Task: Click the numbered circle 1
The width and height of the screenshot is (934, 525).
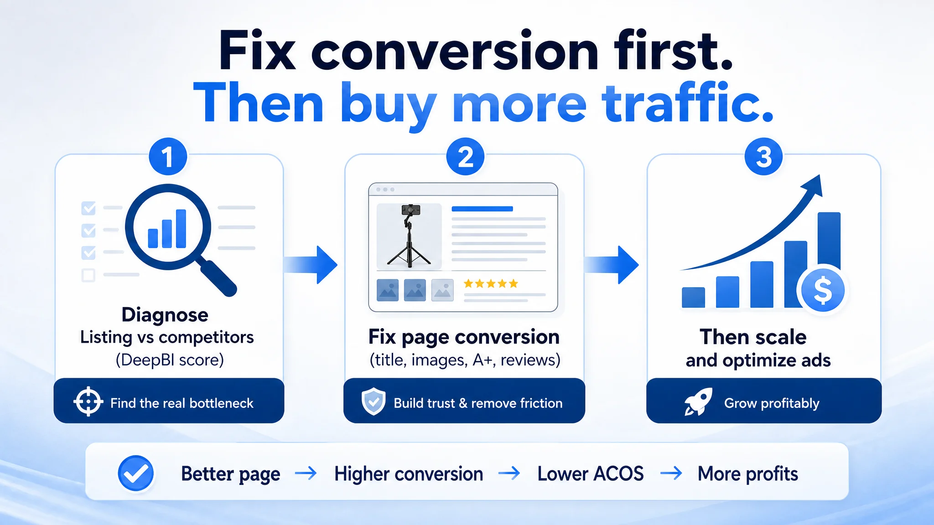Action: (x=168, y=156)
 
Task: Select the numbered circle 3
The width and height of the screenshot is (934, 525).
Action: (x=763, y=156)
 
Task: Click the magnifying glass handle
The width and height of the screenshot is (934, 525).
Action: (x=218, y=278)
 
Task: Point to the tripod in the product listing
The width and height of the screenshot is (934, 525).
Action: (x=409, y=236)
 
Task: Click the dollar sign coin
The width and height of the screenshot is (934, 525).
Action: (x=823, y=290)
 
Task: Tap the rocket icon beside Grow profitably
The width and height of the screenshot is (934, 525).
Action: (x=698, y=401)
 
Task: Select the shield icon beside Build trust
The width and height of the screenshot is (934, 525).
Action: (x=374, y=401)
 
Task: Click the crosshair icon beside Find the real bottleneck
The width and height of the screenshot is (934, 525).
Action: (x=88, y=401)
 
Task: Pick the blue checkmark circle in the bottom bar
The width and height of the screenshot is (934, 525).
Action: (x=135, y=473)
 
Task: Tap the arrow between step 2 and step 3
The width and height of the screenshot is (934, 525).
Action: (x=611, y=265)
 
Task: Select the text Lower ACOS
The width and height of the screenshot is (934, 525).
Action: (x=591, y=474)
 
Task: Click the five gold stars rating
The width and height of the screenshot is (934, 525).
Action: (x=491, y=284)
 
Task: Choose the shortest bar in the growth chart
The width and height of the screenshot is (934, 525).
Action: (x=693, y=297)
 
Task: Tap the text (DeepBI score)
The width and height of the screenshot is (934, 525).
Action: (x=170, y=360)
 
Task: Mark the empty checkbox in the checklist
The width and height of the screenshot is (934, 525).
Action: (x=88, y=275)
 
